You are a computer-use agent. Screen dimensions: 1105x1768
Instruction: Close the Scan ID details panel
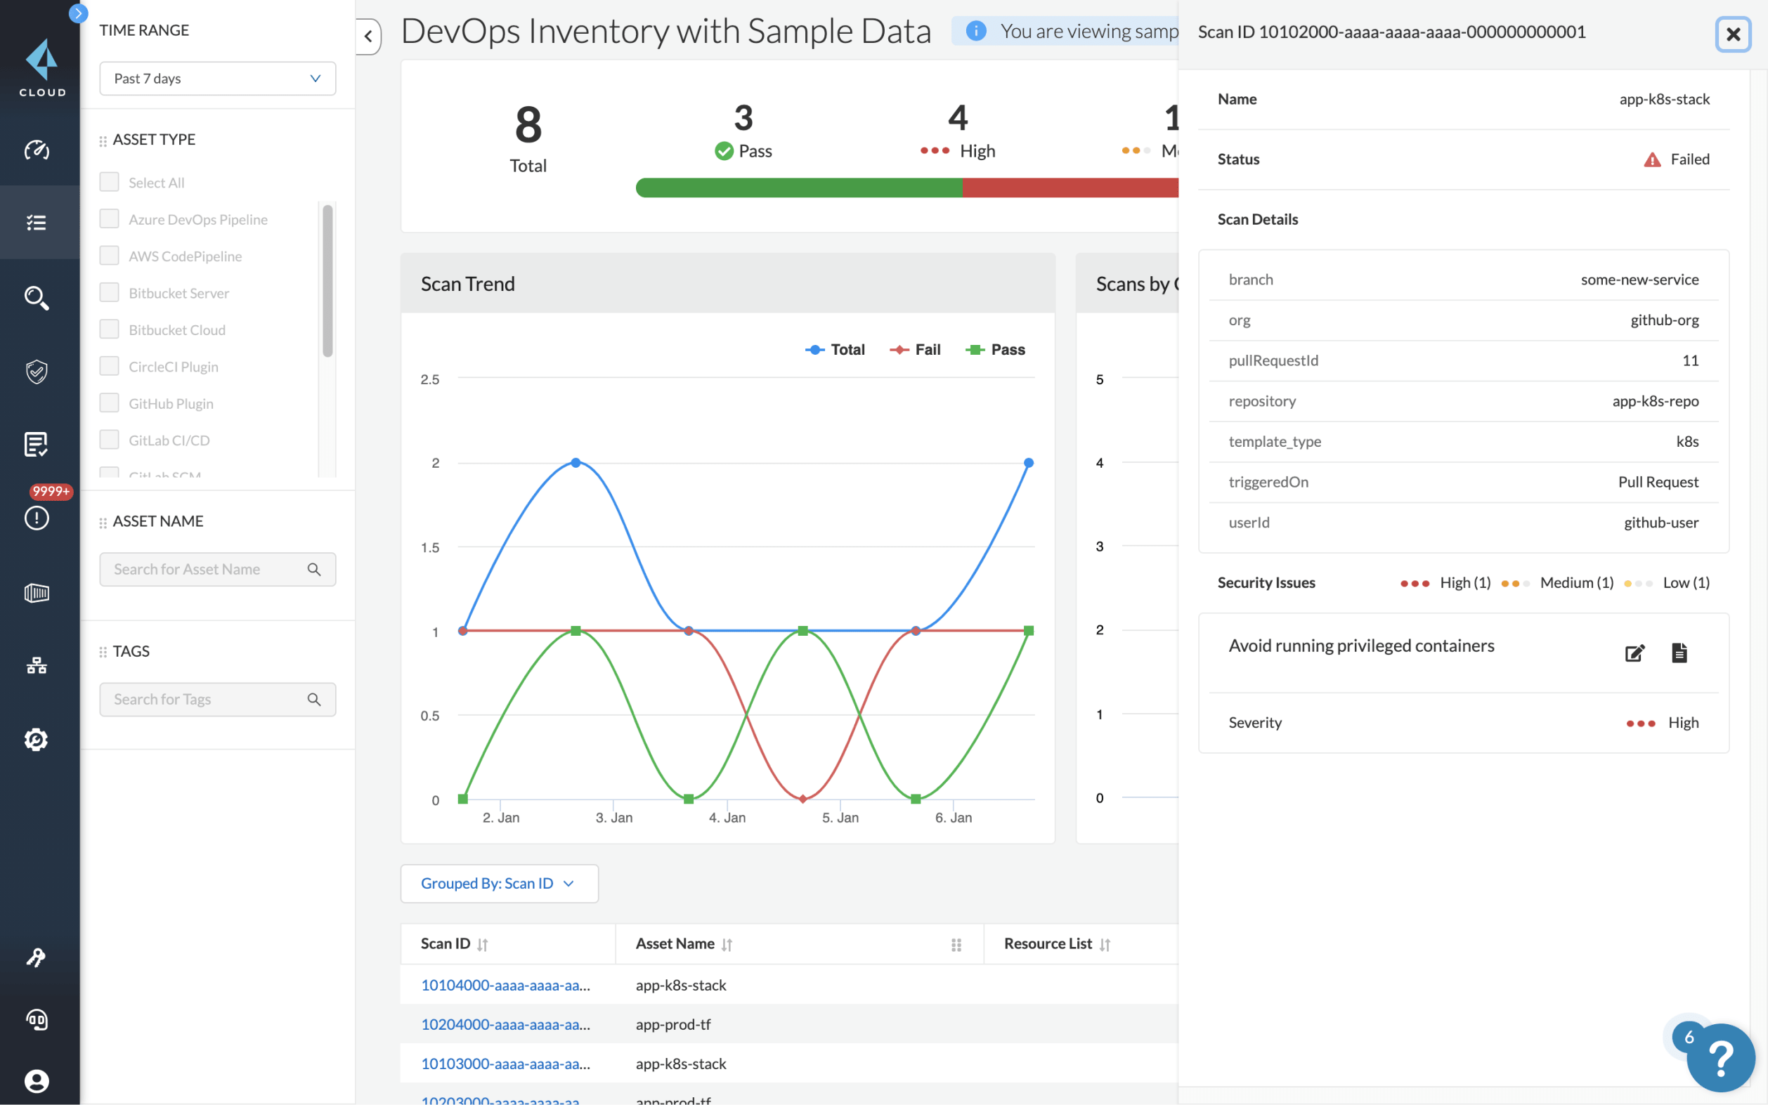tap(1732, 34)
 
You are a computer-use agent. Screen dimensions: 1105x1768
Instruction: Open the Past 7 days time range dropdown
tap(217, 78)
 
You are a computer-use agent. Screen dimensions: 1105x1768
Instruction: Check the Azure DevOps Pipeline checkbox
tap(110, 218)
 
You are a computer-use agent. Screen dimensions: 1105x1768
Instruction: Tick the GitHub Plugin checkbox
tap(110, 403)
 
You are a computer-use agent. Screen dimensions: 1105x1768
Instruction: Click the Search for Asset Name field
tap(208, 569)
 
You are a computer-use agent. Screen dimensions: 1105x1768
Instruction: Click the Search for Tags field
tap(208, 700)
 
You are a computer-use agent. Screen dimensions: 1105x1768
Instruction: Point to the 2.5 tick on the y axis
tap(430, 379)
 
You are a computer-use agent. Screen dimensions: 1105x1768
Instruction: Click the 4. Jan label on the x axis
tap(727, 818)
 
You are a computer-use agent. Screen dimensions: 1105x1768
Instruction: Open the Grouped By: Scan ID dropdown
tap(499, 884)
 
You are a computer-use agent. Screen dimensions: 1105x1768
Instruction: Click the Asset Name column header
tap(675, 943)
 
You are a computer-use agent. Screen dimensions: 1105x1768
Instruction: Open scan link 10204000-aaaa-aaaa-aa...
tap(505, 1024)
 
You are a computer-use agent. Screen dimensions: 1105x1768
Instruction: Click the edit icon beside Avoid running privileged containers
tap(1634, 653)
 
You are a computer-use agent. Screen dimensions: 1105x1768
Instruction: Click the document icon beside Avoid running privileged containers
tap(1679, 653)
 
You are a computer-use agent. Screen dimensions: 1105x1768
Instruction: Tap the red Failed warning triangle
tap(1652, 159)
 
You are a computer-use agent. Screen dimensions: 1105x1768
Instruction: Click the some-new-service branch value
tap(1639, 279)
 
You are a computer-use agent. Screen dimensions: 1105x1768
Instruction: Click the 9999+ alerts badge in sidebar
tap(50, 491)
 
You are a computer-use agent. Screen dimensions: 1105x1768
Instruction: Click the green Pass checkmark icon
tap(724, 151)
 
